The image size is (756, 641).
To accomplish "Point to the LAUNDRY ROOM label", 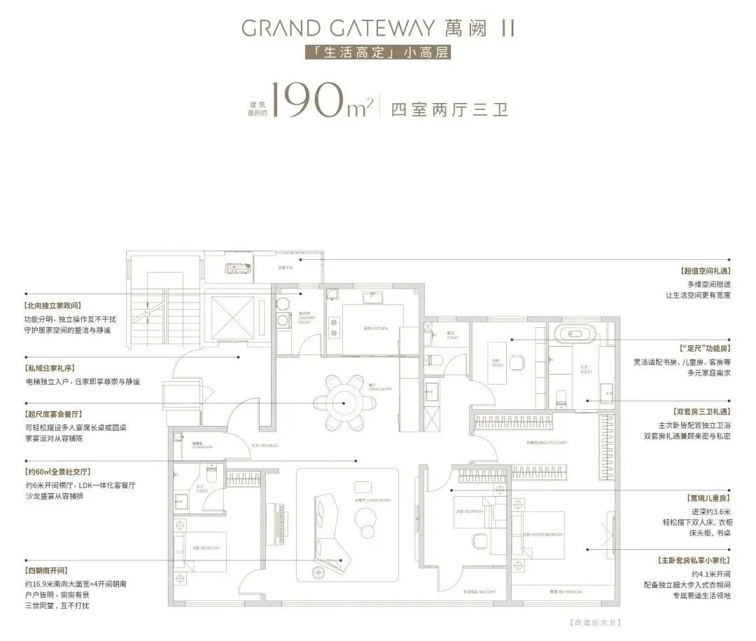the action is (307, 317).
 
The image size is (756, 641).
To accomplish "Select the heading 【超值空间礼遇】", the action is (705, 270).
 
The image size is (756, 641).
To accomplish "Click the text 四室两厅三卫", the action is (449, 111).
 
